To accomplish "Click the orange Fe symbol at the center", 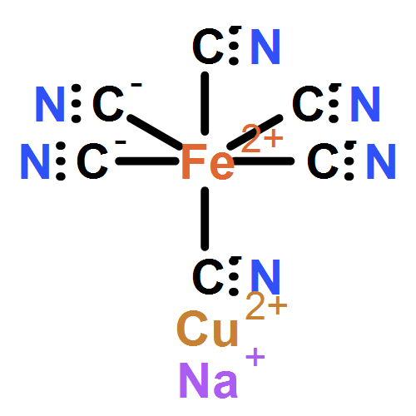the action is (x=208, y=161).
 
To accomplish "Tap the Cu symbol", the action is (x=207, y=329).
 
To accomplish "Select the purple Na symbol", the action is (x=209, y=380).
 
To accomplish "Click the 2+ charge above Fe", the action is (x=262, y=138).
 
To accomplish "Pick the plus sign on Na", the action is (x=255, y=357).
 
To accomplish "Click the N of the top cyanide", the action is (x=265, y=47).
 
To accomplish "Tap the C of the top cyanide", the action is (x=208, y=47).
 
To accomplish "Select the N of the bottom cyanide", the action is (x=265, y=277).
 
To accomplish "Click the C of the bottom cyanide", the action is (x=208, y=277).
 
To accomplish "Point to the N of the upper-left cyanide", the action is (x=50, y=104).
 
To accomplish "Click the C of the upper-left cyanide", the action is (x=108, y=104).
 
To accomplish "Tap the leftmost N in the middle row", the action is (x=35, y=161).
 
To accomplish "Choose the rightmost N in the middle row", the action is (x=381, y=161).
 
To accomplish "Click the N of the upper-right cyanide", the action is (x=365, y=104).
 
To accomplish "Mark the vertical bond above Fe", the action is (x=205, y=103).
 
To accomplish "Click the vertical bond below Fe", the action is (x=205, y=219).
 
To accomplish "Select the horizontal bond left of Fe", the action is (x=147, y=161).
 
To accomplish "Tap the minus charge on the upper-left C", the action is (x=136, y=85).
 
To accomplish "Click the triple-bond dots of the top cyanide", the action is (x=235, y=46).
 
